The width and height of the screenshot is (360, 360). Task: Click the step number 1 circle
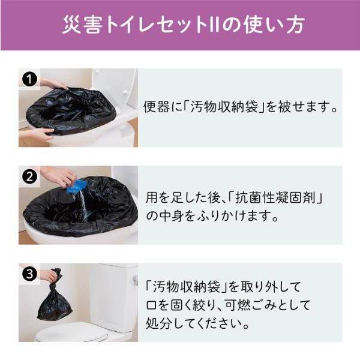coord(29,79)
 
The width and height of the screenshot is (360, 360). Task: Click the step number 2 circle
coord(29,177)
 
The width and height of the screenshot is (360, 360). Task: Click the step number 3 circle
coord(29,274)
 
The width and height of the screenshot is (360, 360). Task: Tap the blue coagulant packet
coord(76,186)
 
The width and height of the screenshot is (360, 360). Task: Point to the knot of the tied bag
coord(56,282)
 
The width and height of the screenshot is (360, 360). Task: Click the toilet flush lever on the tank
coord(135,279)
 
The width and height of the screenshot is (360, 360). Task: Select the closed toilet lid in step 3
coord(71,331)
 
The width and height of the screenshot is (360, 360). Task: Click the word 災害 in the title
coord(82,25)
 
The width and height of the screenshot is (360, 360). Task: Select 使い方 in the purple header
coord(274,25)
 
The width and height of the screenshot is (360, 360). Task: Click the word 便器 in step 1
coord(157,107)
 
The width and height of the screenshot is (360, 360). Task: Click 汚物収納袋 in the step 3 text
coord(187,287)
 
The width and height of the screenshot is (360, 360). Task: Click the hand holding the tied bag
coord(49,275)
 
